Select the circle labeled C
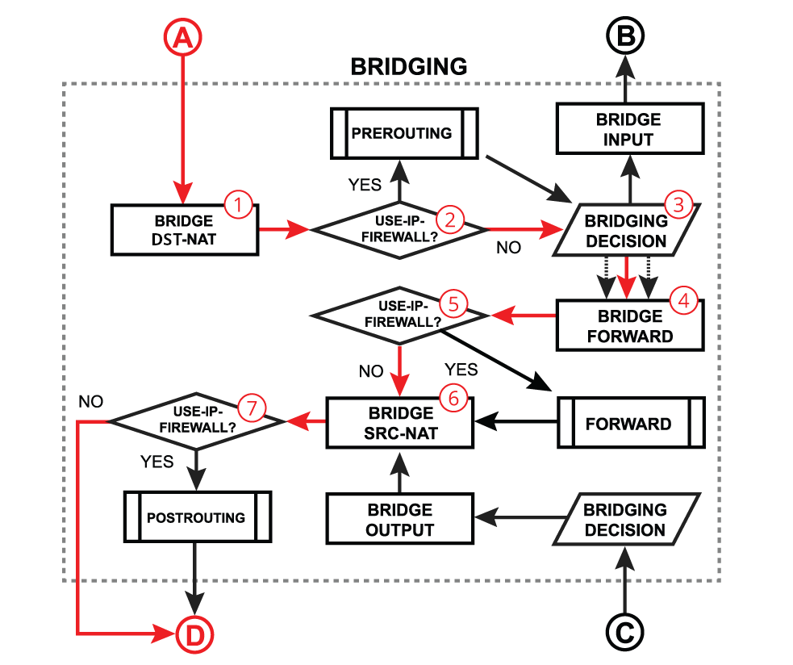pos(624,632)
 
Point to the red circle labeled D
pos(196,635)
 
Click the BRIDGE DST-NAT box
pos(184,230)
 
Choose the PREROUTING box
pos(402,133)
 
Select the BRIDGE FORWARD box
pos(629,326)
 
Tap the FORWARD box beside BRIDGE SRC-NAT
pos(629,423)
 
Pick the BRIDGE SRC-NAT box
pos(399,423)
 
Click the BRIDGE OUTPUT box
pos(399,520)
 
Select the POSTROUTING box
pos(196,517)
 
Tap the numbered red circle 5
pos(453,303)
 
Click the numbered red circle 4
pos(684,302)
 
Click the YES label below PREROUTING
pos(365,186)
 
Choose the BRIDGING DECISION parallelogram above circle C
pos(625,520)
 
